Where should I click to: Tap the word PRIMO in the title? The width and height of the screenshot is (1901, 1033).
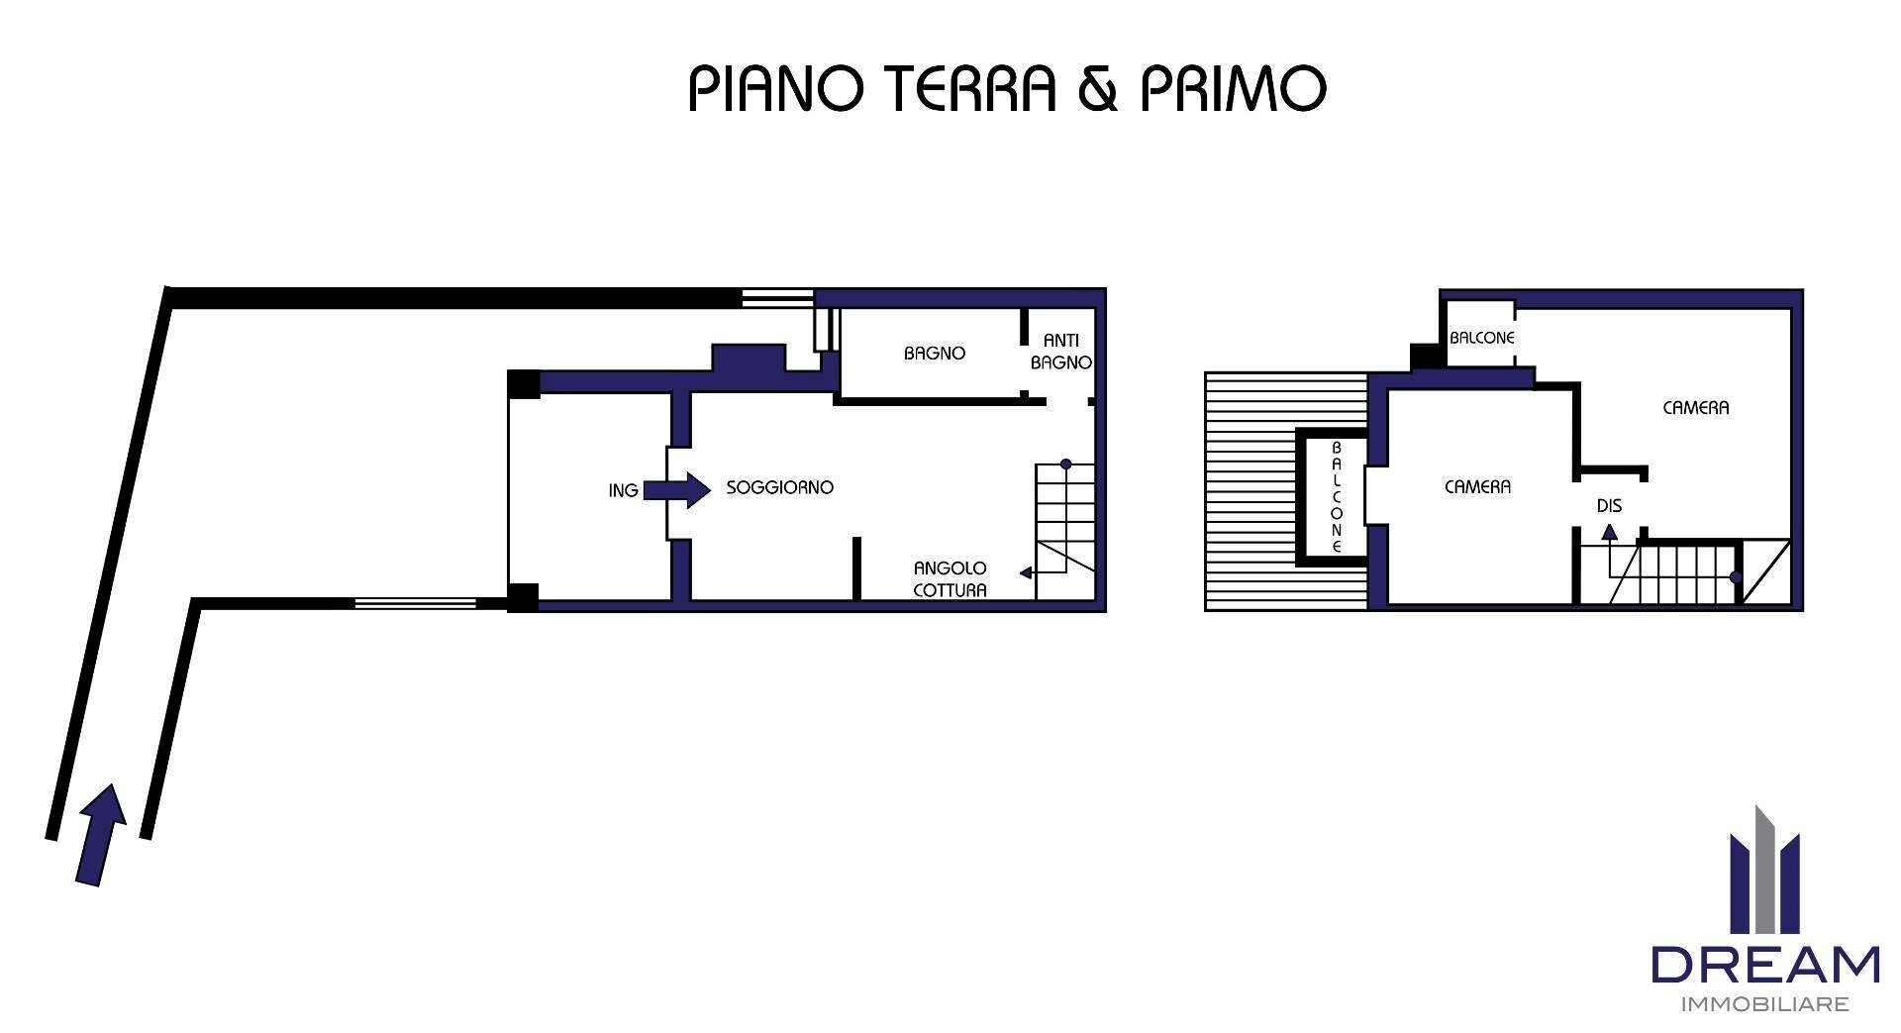[x=1233, y=89]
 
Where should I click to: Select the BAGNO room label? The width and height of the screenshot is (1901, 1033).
[x=934, y=353]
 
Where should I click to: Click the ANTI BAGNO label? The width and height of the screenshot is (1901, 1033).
[x=1060, y=352]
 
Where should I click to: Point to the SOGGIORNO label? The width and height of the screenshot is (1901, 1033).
[x=780, y=487]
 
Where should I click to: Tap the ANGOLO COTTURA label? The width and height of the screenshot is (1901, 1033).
[x=950, y=578]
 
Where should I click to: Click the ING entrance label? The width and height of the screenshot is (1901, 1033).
[x=623, y=490]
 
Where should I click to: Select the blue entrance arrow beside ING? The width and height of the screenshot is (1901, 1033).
[x=678, y=489]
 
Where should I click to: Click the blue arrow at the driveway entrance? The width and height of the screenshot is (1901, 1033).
[x=102, y=833]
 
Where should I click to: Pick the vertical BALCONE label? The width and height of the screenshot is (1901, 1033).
[x=1336, y=497]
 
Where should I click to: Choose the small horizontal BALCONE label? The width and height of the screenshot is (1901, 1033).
[x=1481, y=338]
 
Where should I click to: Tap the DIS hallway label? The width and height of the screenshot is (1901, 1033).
[x=1609, y=506]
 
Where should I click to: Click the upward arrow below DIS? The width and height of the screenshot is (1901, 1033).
[x=1610, y=533]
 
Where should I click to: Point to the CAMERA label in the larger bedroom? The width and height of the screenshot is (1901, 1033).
[x=1695, y=407]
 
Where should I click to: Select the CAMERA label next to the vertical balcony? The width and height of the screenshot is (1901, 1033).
[x=1477, y=487]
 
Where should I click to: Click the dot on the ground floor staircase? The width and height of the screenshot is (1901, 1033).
[x=1066, y=464]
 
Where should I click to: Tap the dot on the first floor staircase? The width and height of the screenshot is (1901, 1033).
[x=1735, y=577]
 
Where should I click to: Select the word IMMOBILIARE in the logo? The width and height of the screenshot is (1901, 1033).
[x=1765, y=1005]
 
